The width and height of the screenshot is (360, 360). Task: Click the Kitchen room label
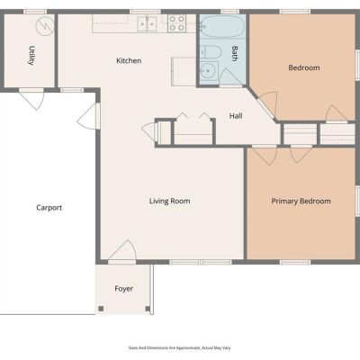click(x=129, y=60)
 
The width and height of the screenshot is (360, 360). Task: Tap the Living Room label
click(x=169, y=201)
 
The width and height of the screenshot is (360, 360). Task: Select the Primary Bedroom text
click(x=301, y=201)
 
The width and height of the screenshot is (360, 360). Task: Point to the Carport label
click(x=49, y=208)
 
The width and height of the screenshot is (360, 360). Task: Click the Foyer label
click(x=123, y=289)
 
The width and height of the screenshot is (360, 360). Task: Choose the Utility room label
click(x=31, y=56)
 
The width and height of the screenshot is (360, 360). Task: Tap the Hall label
click(x=236, y=116)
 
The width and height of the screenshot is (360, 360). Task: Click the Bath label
click(x=235, y=53)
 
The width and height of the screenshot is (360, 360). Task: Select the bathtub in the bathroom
click(x=222, y=26)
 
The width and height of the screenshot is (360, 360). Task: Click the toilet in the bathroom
click(x=211, y=52)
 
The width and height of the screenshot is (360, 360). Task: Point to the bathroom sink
click(x=209, y=71)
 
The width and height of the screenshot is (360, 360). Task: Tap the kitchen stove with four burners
click(x=176, y=23)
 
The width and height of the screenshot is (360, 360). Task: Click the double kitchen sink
click(x=147, y=23)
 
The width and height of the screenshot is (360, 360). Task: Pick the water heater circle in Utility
click(x=45, y=26)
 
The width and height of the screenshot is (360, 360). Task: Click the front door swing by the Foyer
click(x=122, y=250)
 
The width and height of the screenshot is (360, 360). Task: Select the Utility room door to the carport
click(x=31, y=99)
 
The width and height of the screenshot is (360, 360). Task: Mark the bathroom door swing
click(x=230, y=78)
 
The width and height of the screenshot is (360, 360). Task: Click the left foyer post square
click(x=101, y=309)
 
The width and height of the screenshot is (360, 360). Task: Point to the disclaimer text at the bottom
click(x=180, y=348)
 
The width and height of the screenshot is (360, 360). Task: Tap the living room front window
click(x=201, y=262)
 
